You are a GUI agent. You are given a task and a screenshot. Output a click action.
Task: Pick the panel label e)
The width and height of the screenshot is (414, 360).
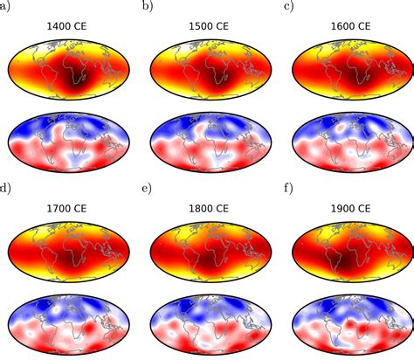(x=147, y=188)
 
